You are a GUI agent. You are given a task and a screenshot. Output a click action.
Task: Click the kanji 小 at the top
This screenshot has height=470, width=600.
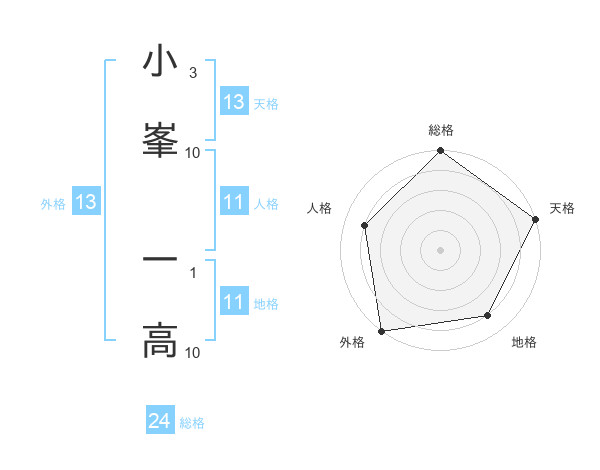pyautogui.click(x=160, y=62)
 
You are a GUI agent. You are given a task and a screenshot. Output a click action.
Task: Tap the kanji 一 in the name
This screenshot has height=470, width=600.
pyautogui.click(x=160, y=260)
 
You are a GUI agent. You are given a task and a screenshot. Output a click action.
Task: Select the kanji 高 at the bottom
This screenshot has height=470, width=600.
pyautogui.click(x=160, y=340)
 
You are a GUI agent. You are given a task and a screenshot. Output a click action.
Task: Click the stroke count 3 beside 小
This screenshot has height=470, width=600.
pyautogui.click(x=193, y=73)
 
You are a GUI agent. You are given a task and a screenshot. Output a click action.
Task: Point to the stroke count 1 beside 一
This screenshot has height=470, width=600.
pyautogui.click(x=193, y=271)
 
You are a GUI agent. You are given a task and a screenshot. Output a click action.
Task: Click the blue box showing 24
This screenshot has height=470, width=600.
pyautogui.click(x=160, y=422)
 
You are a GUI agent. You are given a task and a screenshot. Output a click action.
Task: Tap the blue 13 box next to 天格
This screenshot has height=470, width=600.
pyautogui.click(x=234, y=102)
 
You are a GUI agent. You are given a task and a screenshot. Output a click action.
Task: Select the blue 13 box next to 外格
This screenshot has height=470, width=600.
pyautogui.click(x=86, y=203)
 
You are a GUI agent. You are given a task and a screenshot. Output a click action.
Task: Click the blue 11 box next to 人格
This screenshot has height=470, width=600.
pyautogui.click(x=234, y=203)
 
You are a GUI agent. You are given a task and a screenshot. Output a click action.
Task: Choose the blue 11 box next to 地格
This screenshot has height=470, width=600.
pyautogui.click(x=234, y=302)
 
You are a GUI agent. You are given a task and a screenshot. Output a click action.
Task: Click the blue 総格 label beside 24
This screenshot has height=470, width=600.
pyautogui.click(x=192, y=423)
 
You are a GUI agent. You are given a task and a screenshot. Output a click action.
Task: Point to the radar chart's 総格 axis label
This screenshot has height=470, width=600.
pyautogui.click(x=441, y=130)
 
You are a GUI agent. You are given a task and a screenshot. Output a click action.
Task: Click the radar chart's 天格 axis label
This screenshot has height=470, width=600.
pyautogui.click(x=562, y=208)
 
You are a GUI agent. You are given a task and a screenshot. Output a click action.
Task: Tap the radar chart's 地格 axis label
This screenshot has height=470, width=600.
pyautogui.click(x=524, y=342)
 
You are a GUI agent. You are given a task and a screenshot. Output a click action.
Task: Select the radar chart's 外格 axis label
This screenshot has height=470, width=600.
pyautogui.click(x=352, y=342)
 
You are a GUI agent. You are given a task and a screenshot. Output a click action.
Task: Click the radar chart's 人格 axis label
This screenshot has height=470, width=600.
pyautogui.click(x=320, y=208)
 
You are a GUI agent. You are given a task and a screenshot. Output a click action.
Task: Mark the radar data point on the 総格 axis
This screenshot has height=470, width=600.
pyautogui.click(x=441, y=152)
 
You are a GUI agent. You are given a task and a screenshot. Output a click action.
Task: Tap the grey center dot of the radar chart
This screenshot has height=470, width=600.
pyautogui.click(x=441, y=249)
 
